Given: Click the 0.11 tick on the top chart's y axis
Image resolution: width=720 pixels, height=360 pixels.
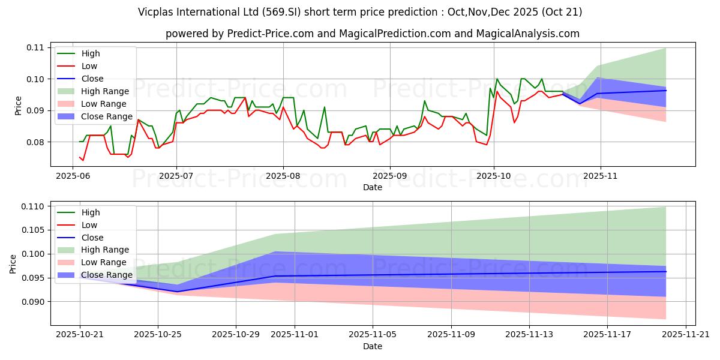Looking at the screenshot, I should tap(34, 47).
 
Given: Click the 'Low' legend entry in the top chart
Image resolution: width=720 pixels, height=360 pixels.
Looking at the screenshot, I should tap(89, 66).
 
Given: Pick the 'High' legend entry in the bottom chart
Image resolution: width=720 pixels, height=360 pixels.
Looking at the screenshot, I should tap(91, 212).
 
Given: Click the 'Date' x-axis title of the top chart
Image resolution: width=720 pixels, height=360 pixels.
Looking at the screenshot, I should tap(373, 187).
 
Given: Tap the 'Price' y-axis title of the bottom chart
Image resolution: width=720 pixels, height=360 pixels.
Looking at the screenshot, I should tap(13, 263).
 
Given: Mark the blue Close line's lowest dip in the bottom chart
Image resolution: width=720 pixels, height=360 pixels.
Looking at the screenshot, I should tap(178, 292).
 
